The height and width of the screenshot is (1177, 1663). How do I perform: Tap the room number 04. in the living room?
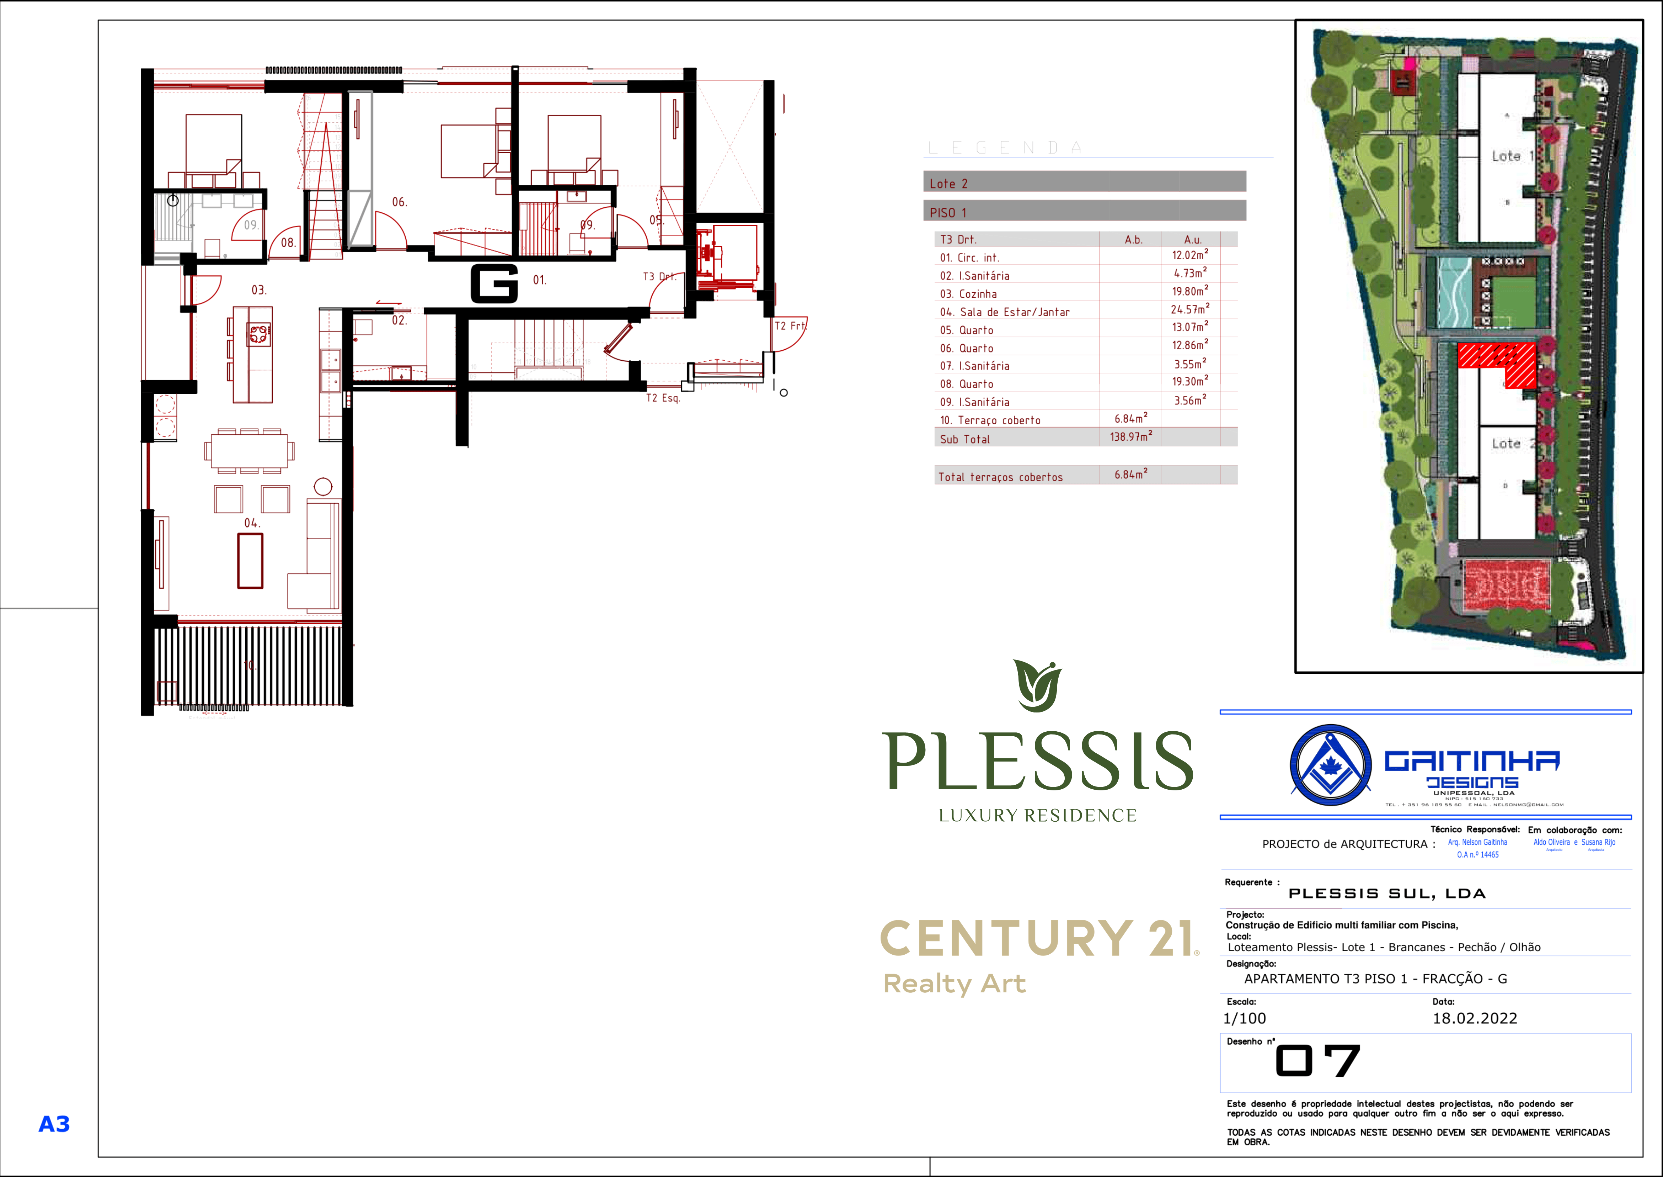click(251, 523)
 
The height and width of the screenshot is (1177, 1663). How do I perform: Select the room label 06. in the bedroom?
click(399, 202)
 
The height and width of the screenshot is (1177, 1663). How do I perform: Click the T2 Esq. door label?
click(663, 398)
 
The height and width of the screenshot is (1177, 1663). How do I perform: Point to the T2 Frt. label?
click(790, 326)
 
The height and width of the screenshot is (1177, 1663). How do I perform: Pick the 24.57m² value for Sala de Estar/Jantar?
click(1189, 309)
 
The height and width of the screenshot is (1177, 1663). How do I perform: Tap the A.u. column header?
click(1192, 239)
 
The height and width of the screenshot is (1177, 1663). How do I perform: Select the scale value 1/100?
click(1244, 1018)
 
